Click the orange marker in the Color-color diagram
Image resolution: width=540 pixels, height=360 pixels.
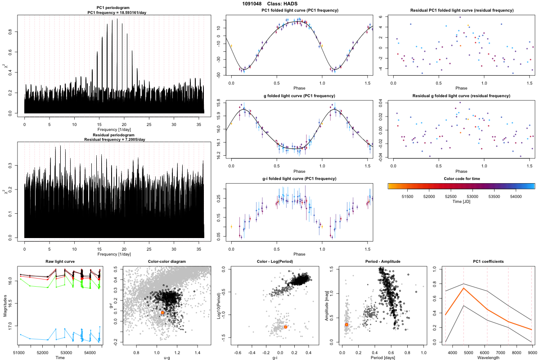(162, 312)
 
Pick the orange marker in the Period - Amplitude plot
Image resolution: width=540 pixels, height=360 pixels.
(346, 324)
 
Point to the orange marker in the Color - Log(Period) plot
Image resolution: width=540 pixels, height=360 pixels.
(286, 327)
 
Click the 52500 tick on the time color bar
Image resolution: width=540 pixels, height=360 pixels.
(450, 196)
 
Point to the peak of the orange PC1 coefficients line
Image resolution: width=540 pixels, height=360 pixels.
(464, 288)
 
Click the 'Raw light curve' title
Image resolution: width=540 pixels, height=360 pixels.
(60, 262)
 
